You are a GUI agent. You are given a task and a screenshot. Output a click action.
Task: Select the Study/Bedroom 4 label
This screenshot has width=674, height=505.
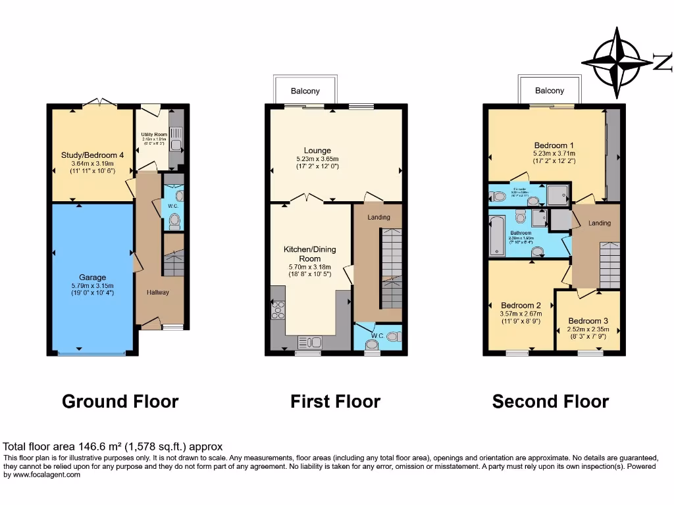click(x=92, y=155)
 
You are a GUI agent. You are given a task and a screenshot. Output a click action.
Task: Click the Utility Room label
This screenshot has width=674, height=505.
click(x=154, y=135)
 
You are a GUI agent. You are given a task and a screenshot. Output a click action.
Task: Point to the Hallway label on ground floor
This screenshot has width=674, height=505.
click(x=158, y=293)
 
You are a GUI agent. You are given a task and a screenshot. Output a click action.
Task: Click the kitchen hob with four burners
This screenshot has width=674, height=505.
click(x=278, y=310)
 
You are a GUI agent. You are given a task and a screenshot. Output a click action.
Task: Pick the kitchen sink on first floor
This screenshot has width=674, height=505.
click(x=309, y=342)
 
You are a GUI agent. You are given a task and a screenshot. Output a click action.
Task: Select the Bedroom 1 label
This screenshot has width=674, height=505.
click(x=554, y=145)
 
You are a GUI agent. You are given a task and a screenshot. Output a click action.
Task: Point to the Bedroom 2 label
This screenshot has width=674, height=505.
click(x=521, y=306)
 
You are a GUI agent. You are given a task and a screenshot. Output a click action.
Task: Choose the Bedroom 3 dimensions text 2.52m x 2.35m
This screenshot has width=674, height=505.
click(x=588, y=329)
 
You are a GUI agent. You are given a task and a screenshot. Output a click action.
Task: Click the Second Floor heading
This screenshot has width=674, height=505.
click(x=550, y=401)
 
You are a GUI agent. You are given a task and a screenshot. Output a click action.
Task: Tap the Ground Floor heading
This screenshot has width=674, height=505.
click(x=120, y=401)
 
